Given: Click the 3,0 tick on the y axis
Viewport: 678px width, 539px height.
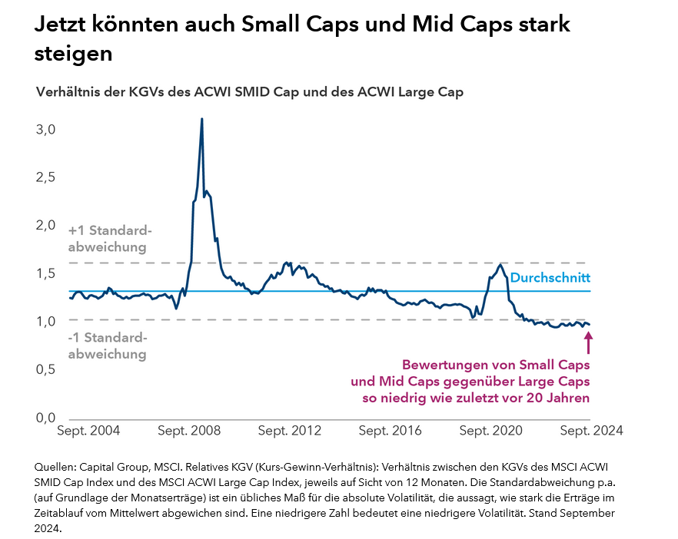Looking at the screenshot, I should pyautogui.click(x=47, y=129).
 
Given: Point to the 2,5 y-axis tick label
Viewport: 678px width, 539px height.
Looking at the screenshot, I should pyautogui.click(x=47, y=177).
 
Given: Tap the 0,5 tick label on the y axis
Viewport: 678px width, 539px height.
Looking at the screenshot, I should pyautogui.click(x=47, y=369).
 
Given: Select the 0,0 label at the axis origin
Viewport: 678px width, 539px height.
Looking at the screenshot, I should pyautogui.click(x=47, y=418).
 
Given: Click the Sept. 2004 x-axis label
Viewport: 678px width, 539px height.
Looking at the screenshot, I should pyautogui.click(x=88, y=431).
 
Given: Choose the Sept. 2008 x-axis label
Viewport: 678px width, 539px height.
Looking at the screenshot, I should pyautogui.click(x=189, y=431).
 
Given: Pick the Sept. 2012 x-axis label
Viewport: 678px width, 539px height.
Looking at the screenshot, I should pyautogui.click(x=290, y=431).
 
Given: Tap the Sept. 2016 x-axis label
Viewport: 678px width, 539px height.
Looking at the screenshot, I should pyautogui.click(x=391, y=431).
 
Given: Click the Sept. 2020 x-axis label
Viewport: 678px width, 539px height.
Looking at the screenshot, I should pyautogui.click(x=491, y=431).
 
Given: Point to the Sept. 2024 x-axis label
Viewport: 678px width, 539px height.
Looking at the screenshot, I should pyautogui.click(x=591, y=431).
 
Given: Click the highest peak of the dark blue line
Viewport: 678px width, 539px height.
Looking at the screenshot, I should pyautogui.click(x=202, y=120).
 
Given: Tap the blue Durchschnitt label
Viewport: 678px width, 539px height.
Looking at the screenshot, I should pyautogui.click(x=550, y=278).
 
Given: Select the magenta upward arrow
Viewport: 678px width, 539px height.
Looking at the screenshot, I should pyautogui.click(x=589, y=341).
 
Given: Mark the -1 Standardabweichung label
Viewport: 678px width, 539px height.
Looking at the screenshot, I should pyautogui.click(x=108, y=346).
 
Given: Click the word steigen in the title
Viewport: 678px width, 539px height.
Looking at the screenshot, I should pyautogui.click(x=74, y=54).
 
